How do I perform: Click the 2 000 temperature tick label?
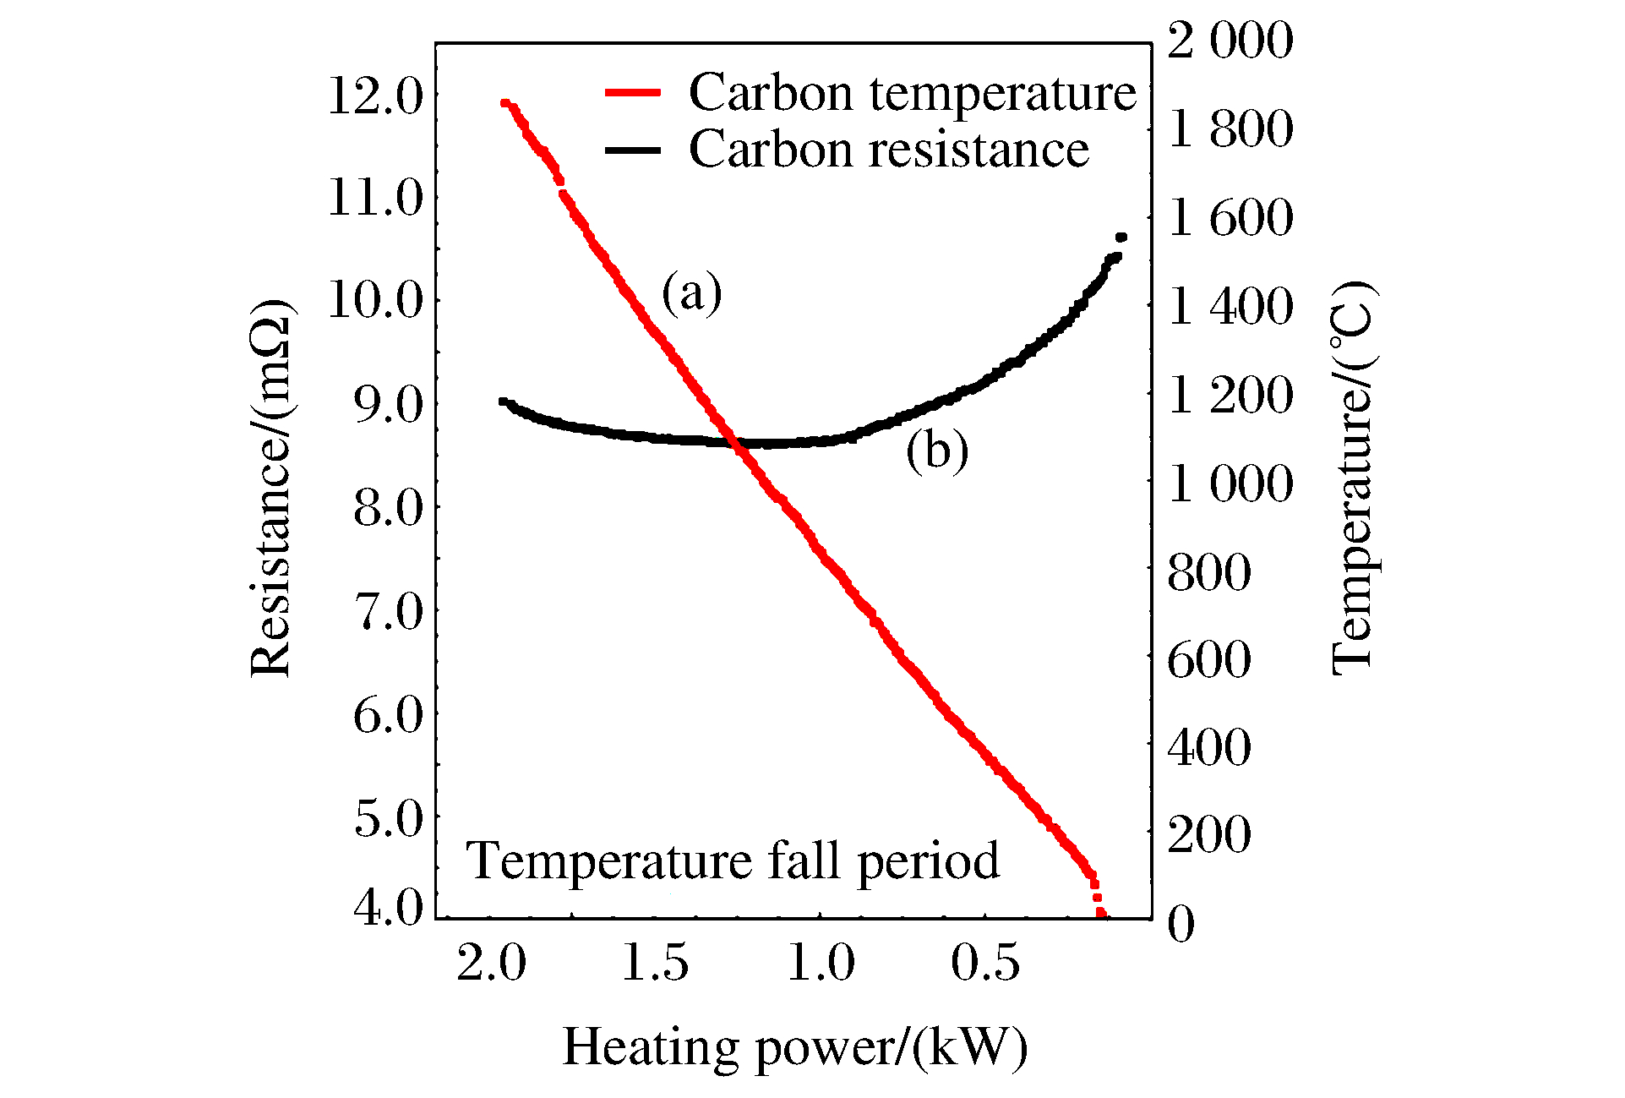(1230, 40)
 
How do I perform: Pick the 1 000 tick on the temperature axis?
(1230, 483)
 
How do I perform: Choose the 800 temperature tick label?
(1208, 572)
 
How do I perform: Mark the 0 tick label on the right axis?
(1181, 923)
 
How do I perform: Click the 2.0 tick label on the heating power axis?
(491, 963)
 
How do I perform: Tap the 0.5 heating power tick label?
(985, 963)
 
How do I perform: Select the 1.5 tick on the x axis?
(655, 963)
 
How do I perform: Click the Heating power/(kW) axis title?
(794, 1047)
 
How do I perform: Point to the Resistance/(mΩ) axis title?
(271, 488)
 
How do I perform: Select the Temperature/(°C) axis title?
(1353, 478)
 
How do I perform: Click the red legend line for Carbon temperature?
(632, 92)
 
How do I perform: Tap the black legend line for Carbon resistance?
(632, 150)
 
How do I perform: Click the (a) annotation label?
(691, 292)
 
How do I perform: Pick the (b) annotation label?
(936, 450)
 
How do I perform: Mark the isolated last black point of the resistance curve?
(1121, 238)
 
